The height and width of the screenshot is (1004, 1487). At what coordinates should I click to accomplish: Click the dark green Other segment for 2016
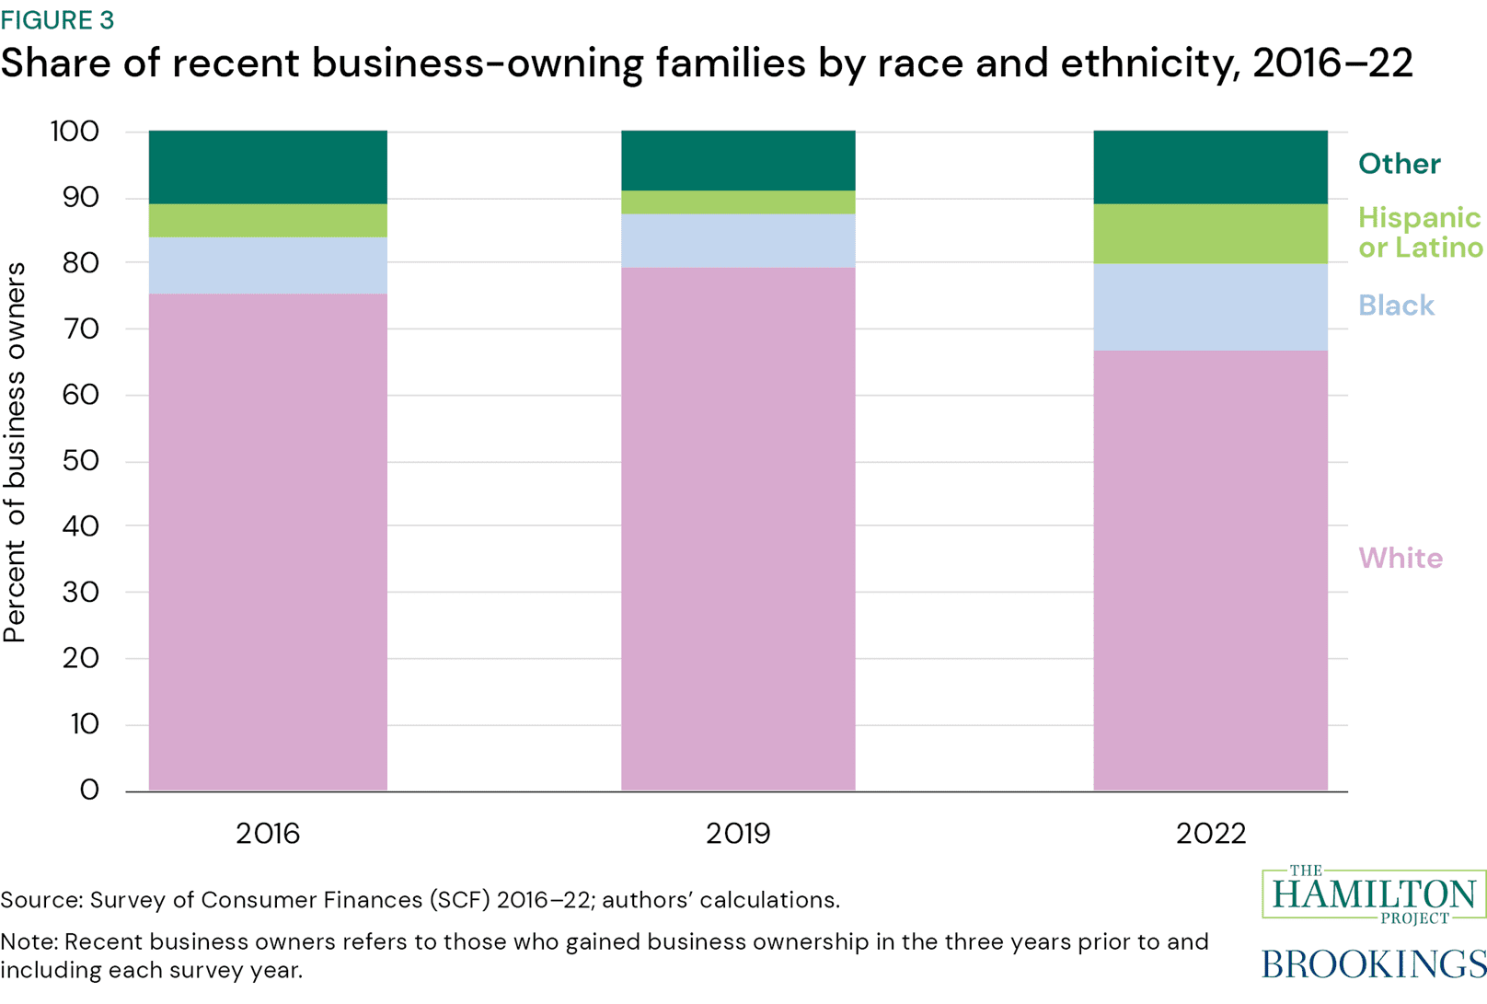coord(268,167)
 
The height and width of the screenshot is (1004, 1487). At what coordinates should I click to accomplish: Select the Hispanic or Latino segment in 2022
coord(1210,234)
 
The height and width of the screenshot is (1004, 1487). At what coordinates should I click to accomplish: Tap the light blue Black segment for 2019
coord(738,240)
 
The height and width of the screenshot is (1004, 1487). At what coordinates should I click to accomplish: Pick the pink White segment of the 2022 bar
coord(1210,570)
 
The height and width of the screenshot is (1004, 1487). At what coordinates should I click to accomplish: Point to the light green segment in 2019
coord(738,202)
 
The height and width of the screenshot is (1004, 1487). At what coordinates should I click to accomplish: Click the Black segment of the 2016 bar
coord(268,265)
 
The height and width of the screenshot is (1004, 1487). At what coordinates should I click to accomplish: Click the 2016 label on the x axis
coord(268,834)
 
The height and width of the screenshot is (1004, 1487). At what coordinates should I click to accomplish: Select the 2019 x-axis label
coord(738,834)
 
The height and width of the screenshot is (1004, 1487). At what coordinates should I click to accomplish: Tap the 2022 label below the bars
coord(1210,834)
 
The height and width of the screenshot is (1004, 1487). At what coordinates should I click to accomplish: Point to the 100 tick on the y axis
coord(74,132)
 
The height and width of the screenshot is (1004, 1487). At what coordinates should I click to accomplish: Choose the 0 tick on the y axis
coord(89,790)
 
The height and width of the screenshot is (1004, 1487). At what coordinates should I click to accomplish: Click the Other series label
coord(1399,164)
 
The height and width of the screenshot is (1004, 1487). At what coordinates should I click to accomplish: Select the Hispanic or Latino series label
coord(1419,232)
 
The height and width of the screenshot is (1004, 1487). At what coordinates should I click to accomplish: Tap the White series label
coord(1400,558)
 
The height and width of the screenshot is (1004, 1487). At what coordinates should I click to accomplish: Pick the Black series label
coord(1396,306)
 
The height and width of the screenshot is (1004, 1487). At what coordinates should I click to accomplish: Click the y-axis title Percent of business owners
coord(15,452)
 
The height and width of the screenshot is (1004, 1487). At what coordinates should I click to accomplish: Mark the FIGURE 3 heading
coord(57,19)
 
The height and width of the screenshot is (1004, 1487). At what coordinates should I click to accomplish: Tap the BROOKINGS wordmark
coord(1373,964)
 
